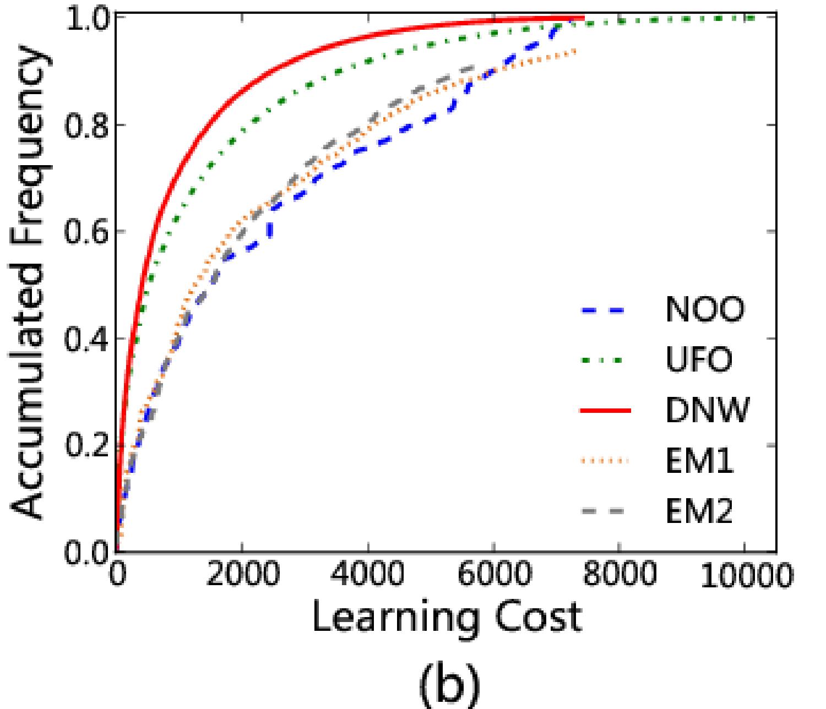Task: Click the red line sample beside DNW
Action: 605,411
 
